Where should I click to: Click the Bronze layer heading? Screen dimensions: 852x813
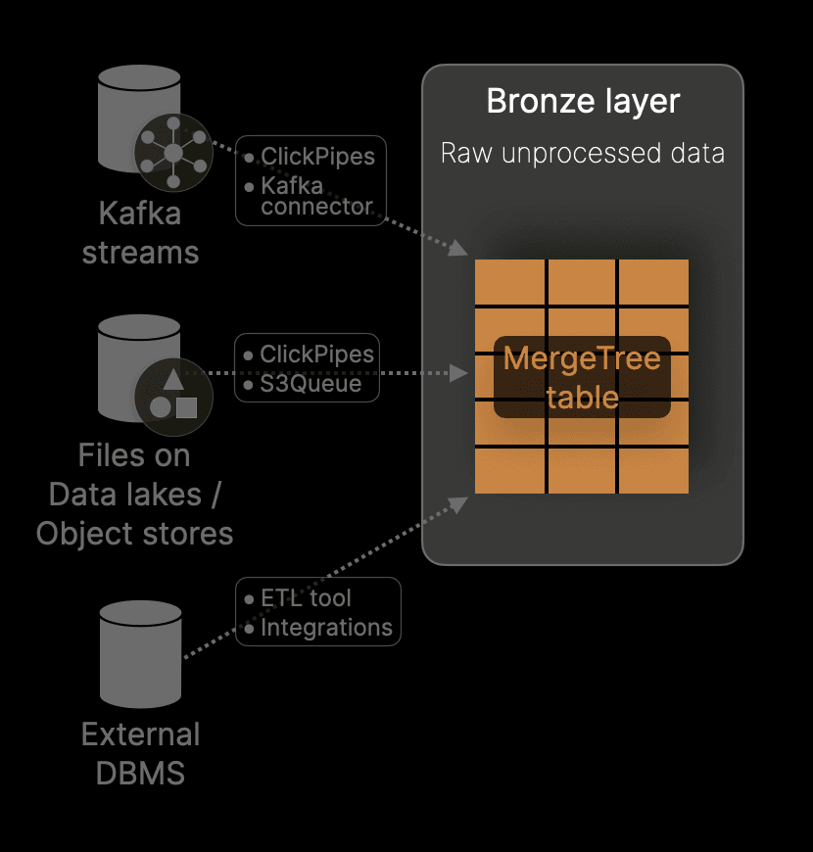pyautogui.click(x=583, y=102)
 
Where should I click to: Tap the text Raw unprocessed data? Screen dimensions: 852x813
pyautogui.click(x=583, y=154)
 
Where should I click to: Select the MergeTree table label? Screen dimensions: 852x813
pyautogui.click(x=582, y=377)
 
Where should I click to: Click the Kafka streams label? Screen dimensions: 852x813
pyautogui.click(x=140, y=233)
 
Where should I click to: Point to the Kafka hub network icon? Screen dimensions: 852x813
pyautogui.click(x=173, y=152)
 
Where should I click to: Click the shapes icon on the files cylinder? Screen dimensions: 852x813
pyautogui.click(x=173, y=397)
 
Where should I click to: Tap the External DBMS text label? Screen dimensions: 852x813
pyautogui.click(x=140, y=754)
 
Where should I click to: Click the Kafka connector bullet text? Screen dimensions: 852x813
pyautogui.click(x=316, y=196)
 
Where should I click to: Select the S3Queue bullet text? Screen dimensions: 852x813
pyautogui.click(x=311, y=383)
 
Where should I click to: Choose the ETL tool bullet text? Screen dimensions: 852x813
pyautogui.click(x=306, y=598)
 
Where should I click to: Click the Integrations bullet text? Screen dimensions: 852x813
pyautogui.click(x=326, y=628)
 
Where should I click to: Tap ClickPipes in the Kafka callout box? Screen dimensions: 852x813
pyautogui.click(x=317, y=157)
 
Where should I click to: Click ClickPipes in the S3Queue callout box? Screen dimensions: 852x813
pyautogui.click(x=317, y=354)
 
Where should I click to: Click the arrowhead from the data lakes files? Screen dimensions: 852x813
pyautogui.click(x=458, y=372)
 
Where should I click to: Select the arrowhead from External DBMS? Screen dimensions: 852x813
pyautogui.click(x=457, y=502)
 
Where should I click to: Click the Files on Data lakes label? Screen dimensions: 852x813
pyautogui.click(x=134, y=495)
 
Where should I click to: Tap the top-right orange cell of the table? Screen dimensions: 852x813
pyautogui.click(x=653, y=282)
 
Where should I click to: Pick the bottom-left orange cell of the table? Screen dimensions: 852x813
pyautogui.click(x=509, y=471)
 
